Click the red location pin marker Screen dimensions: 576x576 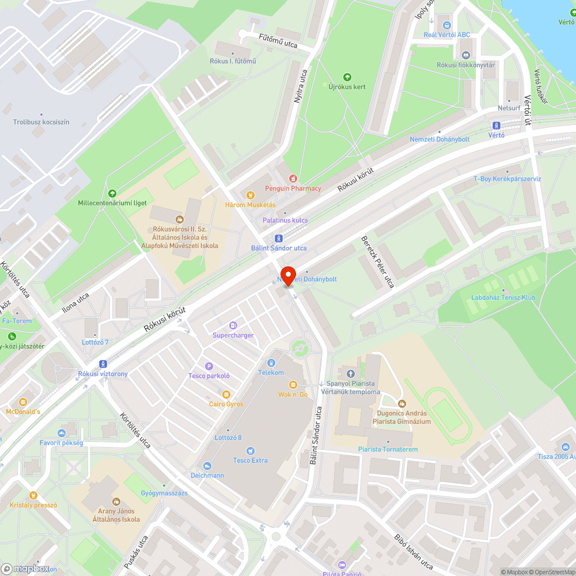(x=287, y=275)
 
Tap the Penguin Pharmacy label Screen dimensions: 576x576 (x=293, y=188)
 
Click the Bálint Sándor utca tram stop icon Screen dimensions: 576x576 (x=279, y=238)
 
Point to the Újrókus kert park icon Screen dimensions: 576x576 (x=347, y=77)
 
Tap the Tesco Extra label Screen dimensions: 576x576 (x=250, y=460)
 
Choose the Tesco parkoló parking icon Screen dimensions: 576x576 (x=209, y=366)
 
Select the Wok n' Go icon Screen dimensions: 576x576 (x=293, y=385)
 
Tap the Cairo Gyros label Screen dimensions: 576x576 (x=226, y=404)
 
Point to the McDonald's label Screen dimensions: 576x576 (x=23, y=412)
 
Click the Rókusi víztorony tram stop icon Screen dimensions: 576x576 (x=103, y=364)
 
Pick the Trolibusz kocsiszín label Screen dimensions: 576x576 (x=41, y=122)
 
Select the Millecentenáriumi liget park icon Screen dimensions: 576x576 (x=112, y=194)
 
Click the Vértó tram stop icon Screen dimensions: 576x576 (x=496, y=126)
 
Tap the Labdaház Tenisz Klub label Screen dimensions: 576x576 (x=503, y=298)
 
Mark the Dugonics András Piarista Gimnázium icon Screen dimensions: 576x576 (x=401, y=404)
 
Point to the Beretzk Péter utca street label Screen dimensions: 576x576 (x=377, y=262)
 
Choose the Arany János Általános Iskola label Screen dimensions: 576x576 (x=116, y=515)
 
